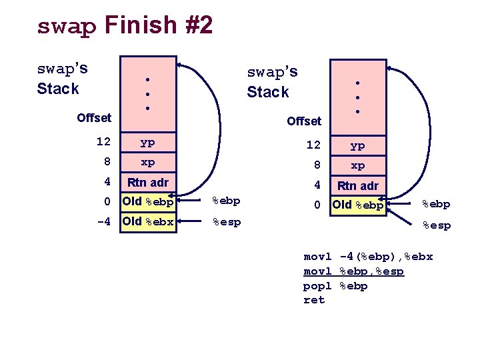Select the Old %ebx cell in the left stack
pos(147,221)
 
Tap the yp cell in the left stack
pos(147,142)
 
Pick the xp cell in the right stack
pos(358,165)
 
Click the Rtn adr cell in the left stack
pos(147,182)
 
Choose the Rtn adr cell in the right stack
pos(358,186)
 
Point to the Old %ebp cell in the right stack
pos(358,205)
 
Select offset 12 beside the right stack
pos(313,145)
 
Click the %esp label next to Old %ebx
pos(226,221)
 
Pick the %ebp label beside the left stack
pos(226,201)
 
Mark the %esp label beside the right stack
pos(436,226)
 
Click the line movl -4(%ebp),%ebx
pos(368,257)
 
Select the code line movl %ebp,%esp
pos(353,271)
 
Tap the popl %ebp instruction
pos(335,286)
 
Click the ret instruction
pos(314,300)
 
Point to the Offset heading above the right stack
pos(304,121)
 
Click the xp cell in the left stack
pos(147,162)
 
